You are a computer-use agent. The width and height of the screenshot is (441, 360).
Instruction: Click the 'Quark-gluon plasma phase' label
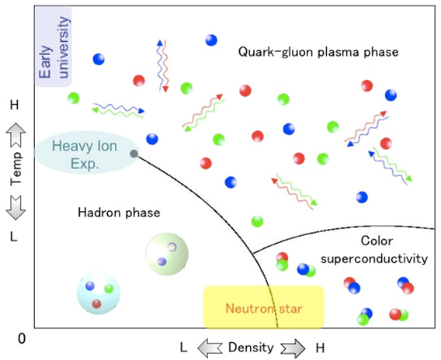coord(318,52)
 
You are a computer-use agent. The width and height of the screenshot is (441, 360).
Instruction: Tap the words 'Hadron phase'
coord(119,213)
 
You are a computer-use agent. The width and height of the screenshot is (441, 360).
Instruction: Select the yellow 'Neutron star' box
coord(264,307)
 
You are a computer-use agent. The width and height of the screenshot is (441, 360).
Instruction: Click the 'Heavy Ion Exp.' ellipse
coord(87,153)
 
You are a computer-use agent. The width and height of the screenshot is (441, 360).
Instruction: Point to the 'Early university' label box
coord(54,47)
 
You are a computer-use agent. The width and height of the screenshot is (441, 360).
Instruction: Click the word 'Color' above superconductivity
coord(377,241)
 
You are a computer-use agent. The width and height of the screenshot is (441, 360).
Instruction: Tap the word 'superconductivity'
coord(374,258)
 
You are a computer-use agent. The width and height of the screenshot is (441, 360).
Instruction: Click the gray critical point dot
coord(134,154)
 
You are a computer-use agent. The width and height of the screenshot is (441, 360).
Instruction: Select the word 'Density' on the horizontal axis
coord(251,348)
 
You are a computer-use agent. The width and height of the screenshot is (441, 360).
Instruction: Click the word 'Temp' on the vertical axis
coord(16,169)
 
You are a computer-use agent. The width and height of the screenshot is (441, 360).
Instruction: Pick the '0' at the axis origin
coord(22,338)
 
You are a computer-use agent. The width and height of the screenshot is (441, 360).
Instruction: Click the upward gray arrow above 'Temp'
coord(16,136)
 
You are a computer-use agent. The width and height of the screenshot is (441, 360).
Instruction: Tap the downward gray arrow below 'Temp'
coord(16,208)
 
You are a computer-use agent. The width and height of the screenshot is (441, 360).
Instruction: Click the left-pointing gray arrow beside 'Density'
coord(210,348)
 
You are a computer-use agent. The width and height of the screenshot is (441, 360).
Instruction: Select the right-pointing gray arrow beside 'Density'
coord(293,348)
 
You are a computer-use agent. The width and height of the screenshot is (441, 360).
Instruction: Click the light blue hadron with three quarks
coord(99,292)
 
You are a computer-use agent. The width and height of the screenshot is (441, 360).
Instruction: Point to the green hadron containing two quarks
coord(167,254)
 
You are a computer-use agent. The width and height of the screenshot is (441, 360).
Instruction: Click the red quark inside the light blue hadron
coord(96,304)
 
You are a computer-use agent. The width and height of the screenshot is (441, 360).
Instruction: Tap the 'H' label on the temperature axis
coord(14,106)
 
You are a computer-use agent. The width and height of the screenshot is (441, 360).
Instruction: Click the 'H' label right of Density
coord(320,348)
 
